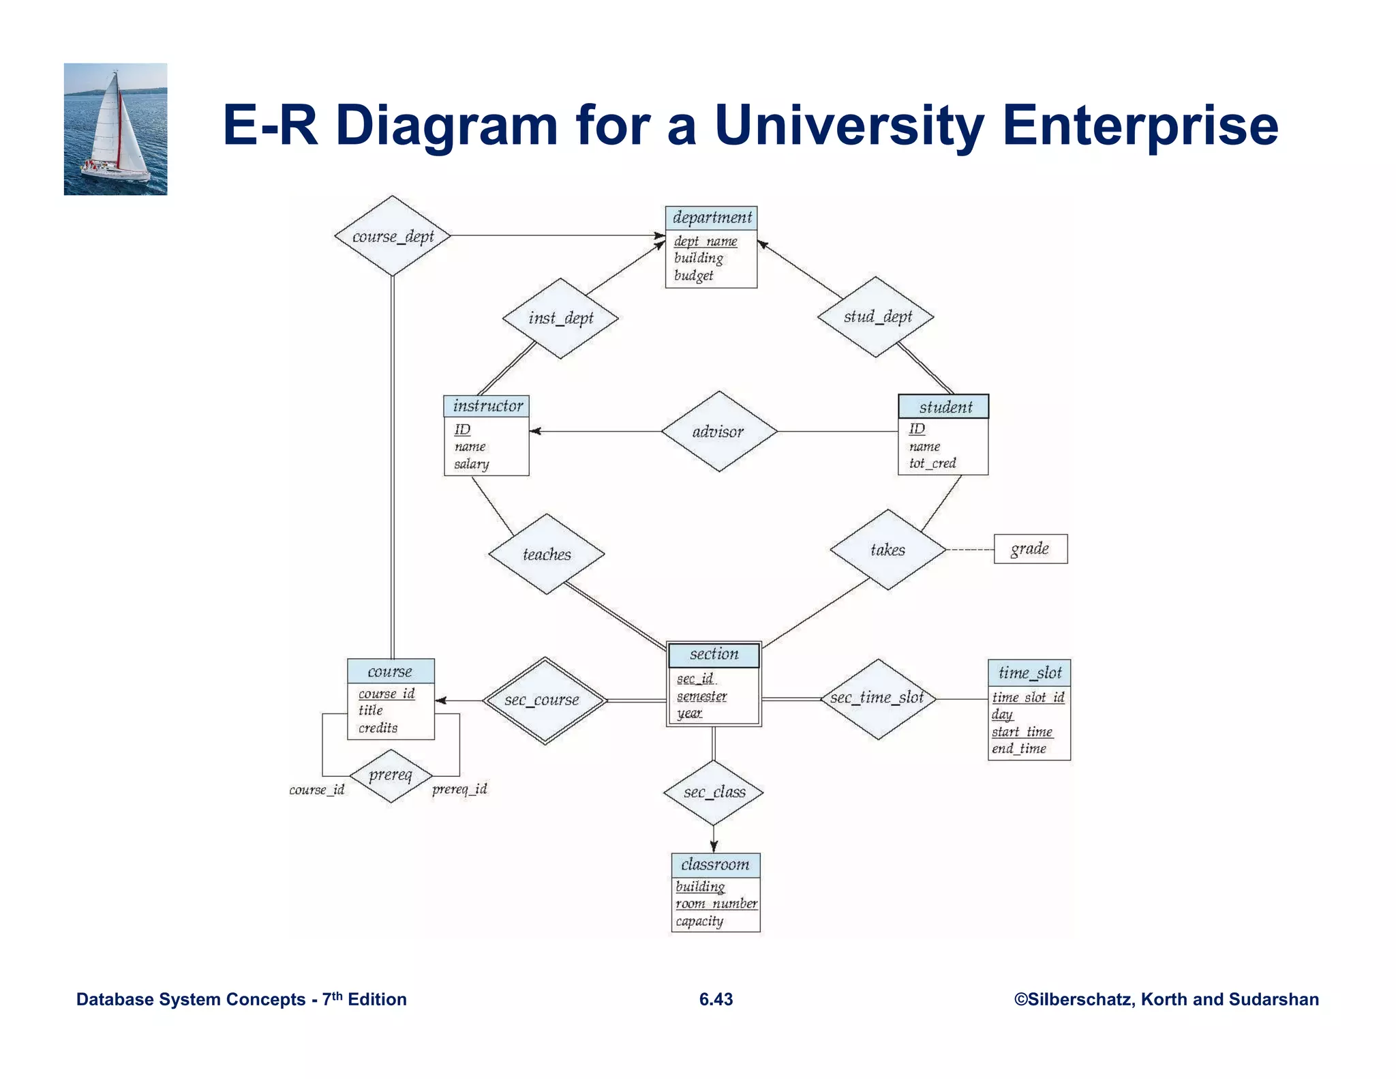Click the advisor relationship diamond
(718, 431)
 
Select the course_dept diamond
(393, 236)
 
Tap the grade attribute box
(1030, 548)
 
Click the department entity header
(711, 218)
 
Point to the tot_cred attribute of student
(932, 463)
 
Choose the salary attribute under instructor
(472, 464)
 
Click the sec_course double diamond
(544, 700)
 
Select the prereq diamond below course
(391, 775)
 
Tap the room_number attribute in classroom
(716, 903)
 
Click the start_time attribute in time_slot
(1022, 731)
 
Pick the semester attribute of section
(701, 696)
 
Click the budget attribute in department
(693, 275)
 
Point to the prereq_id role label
(459, 789)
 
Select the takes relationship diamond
(887, 549)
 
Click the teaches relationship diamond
(547, 554)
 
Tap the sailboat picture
(115, 129)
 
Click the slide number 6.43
(716, 999)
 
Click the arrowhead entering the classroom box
(714, 846)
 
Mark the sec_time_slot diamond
(877, 698)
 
